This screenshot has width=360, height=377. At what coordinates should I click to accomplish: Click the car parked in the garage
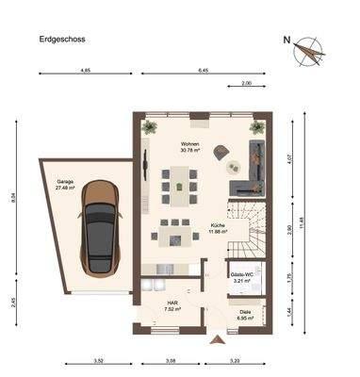100,227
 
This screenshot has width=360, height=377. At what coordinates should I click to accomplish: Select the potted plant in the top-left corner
149,127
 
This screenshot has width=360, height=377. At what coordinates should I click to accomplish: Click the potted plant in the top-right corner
254,127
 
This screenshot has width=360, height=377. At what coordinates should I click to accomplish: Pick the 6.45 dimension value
203,70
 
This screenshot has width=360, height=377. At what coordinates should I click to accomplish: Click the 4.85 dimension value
85,70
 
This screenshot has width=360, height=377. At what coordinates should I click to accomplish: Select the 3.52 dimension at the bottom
98,361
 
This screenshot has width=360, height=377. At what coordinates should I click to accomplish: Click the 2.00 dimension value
247,85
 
